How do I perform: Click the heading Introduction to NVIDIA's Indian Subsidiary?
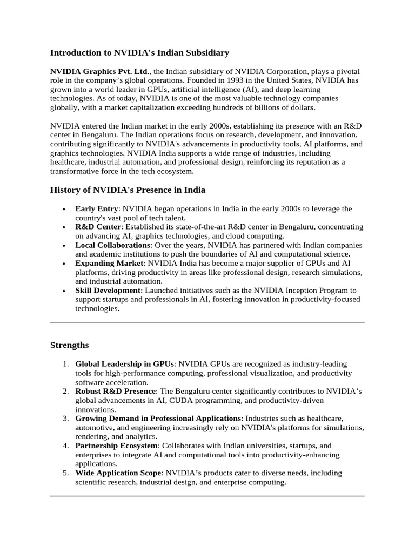pos(139,53)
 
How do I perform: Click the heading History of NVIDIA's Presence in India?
pos(128,190)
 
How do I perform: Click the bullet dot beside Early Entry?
pos(64,209)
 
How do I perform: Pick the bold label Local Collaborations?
pos(112,245)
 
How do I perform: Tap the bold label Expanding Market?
pos(109,263)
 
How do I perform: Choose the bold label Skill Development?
pos(108,291)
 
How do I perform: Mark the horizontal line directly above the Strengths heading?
pos(207,322)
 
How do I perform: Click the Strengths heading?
pos(69,345)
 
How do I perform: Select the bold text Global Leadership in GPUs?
pos(124,364)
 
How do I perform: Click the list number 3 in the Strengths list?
pos(65,419)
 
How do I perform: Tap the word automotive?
pos(95,428)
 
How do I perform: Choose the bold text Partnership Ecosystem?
pos(116,446)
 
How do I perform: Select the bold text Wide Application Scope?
pos(118,473)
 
